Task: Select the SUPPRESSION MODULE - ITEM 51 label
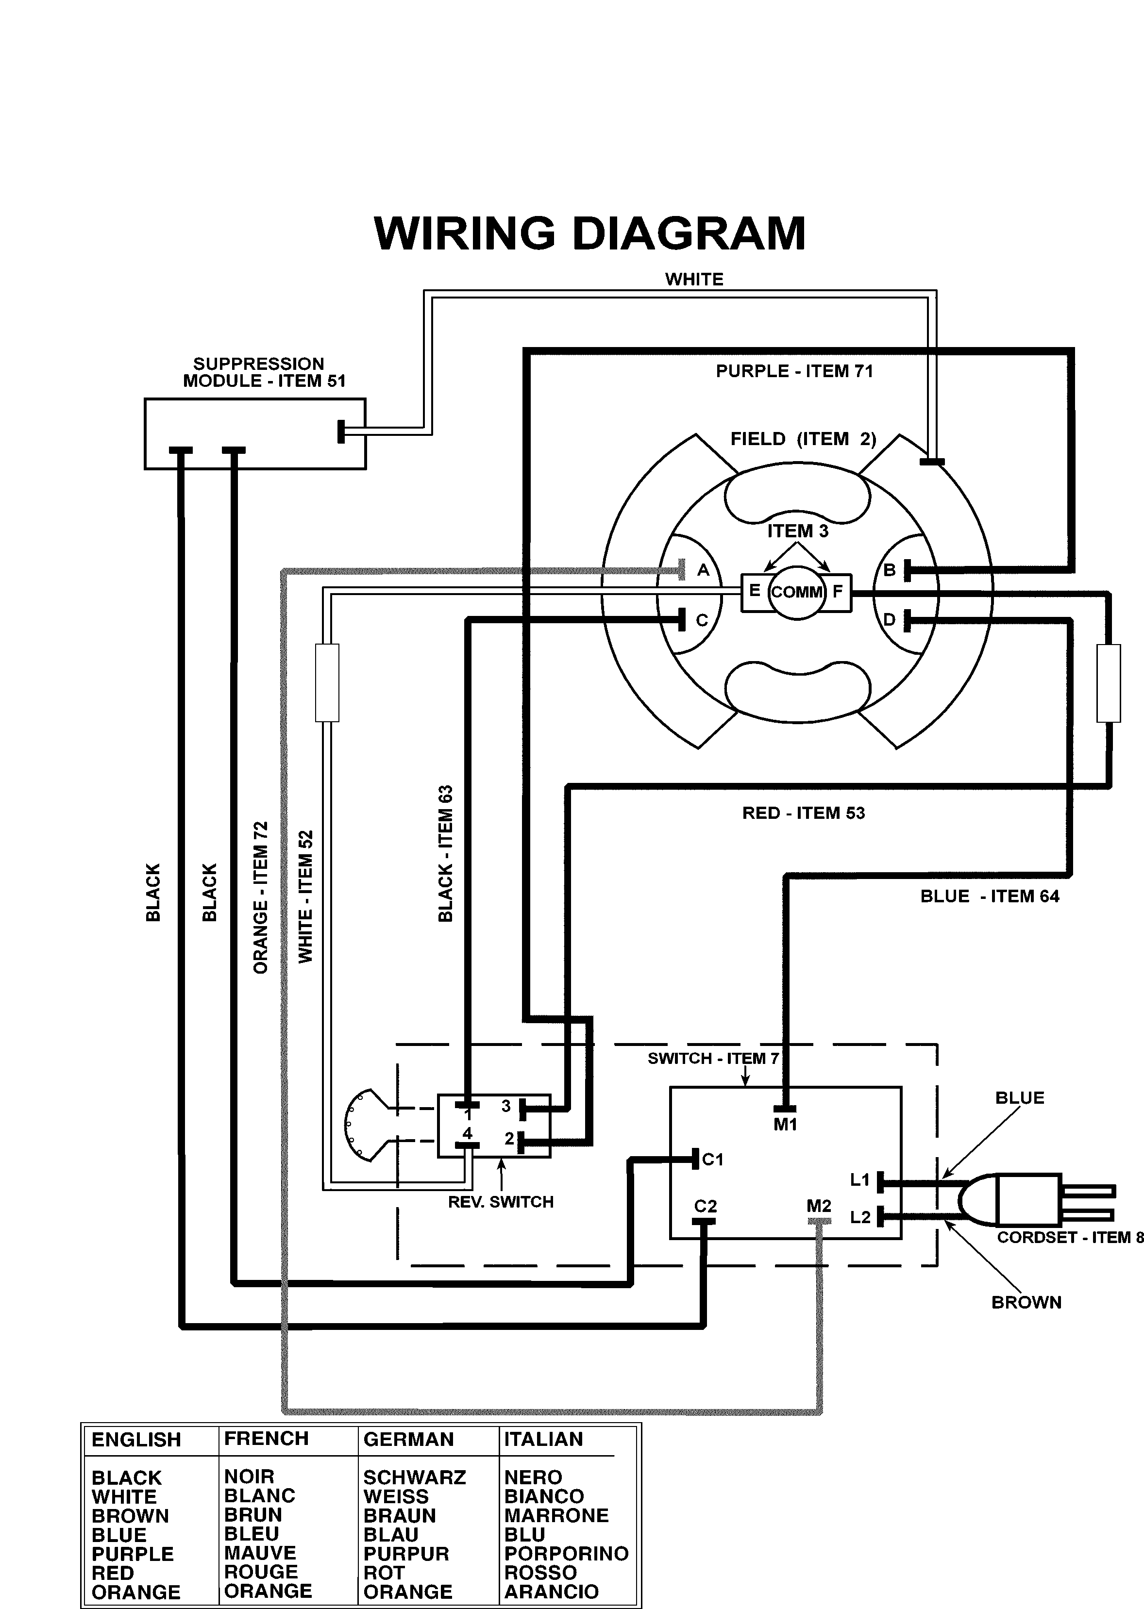pos(264,372)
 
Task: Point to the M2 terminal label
pos(819,1206)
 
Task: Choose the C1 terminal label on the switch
pos(713,1159)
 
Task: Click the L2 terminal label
pos(860,1217)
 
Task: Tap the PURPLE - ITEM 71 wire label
pos(794,371)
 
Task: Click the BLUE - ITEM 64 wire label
pos(989,896)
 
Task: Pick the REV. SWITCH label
pos(500,1202)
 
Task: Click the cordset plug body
pos(1028,1198)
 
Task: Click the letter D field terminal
pos(889,620)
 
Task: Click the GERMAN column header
pos(408,1439)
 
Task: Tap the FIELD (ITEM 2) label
pos(803,439)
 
